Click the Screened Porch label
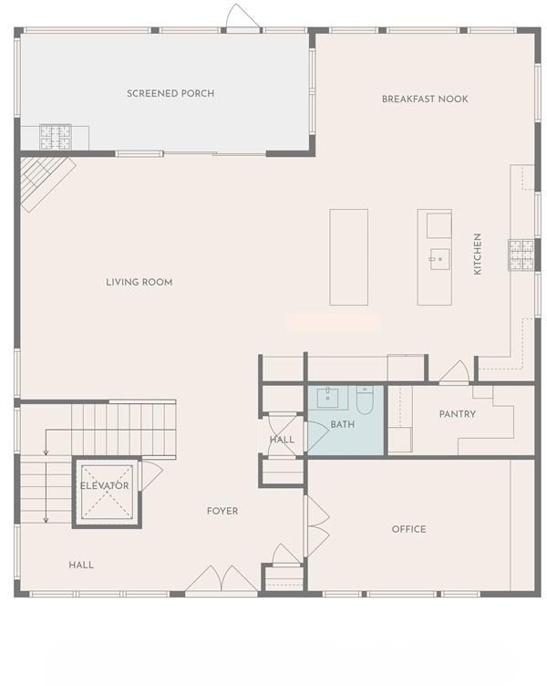170,94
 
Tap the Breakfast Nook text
425,99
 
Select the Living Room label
139,282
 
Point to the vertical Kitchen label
478,254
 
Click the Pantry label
458,414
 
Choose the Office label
408,529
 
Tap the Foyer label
222,511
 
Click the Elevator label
105,485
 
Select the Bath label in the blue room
343,424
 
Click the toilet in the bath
365,400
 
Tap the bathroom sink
327,397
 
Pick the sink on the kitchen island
439,259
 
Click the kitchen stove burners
521,255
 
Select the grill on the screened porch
56,137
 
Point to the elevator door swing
151,475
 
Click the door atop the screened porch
243,17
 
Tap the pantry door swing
455,372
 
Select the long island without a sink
348,257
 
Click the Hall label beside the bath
282,440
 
